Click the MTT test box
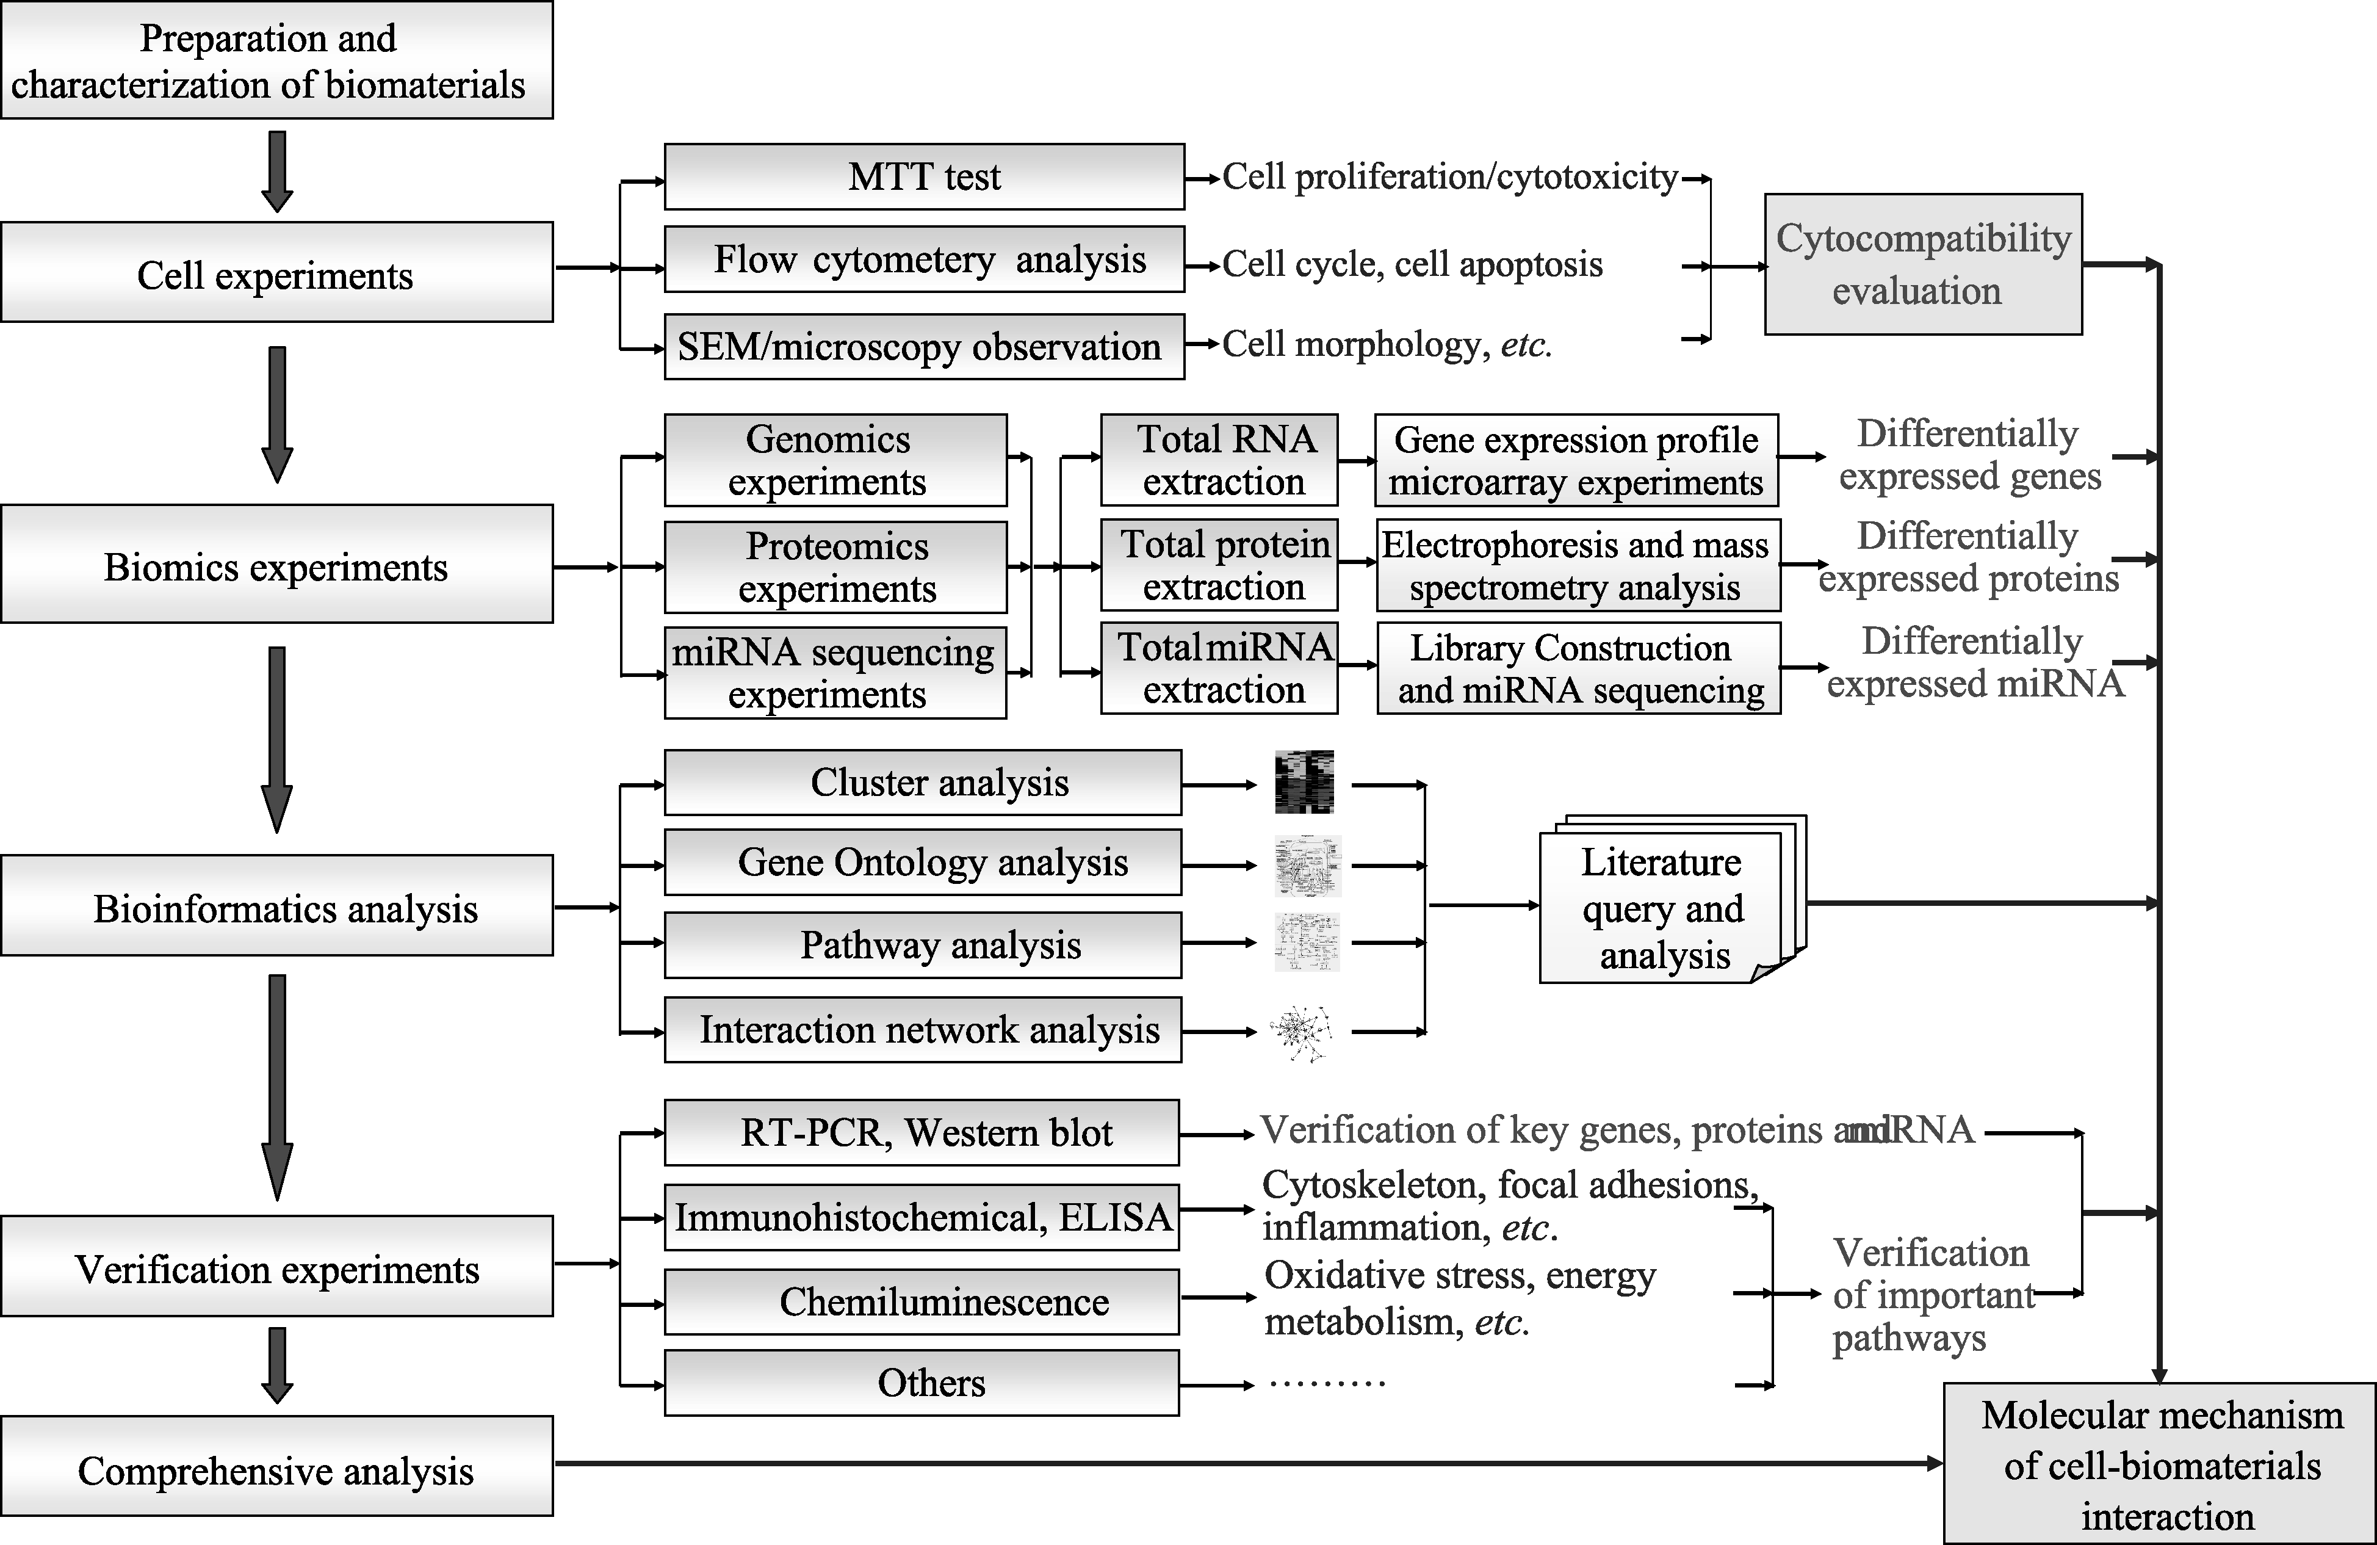tap(924, 177)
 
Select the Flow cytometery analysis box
tap(924, 259)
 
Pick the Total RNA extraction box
tap(1219, 460)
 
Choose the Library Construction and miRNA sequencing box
tap(1578, 668)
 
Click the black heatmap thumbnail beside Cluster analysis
tap(1304, 782)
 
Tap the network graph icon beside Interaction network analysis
tap(1301, 1032)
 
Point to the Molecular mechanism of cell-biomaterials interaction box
tap(2159, 1463)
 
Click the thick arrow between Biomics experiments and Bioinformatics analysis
tap(276, 740)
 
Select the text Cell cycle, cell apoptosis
tap(1412, 265)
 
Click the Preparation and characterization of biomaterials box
tap(276, 60)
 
